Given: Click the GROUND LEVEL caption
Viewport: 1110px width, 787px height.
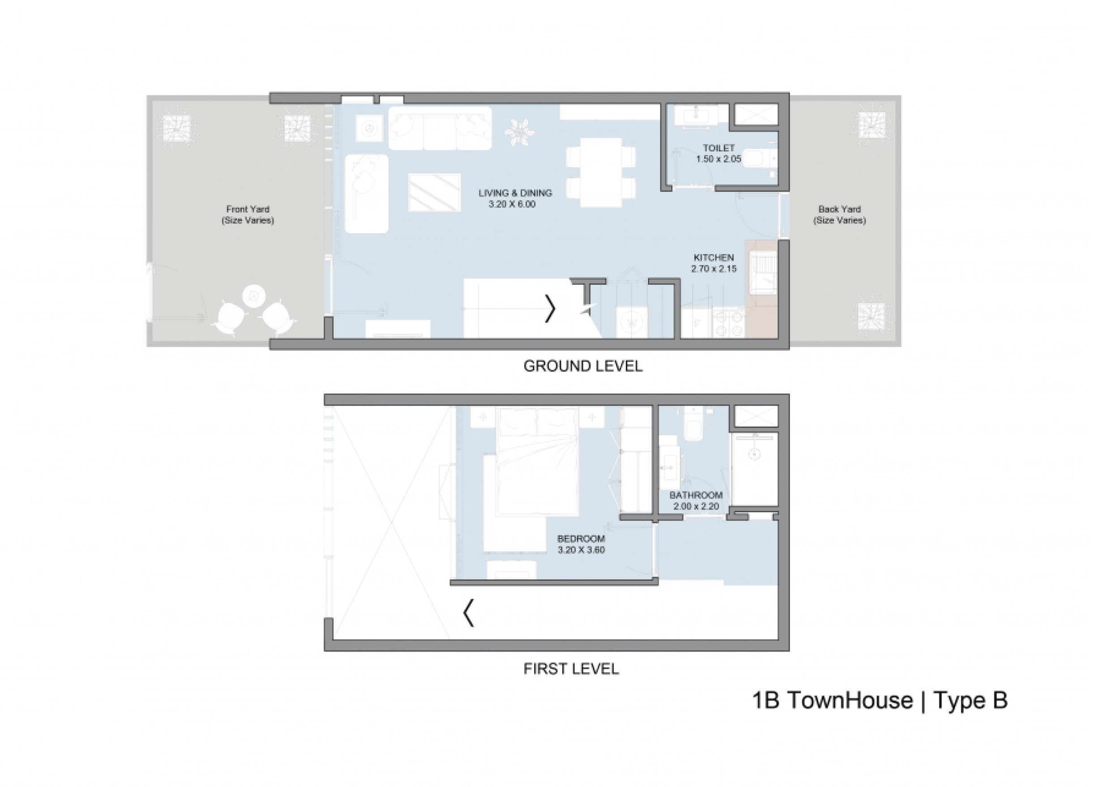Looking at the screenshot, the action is (583, 366).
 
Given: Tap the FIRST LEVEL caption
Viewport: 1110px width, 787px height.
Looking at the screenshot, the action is (571, 669).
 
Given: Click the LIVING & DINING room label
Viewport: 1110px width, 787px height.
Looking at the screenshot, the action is (515, 193).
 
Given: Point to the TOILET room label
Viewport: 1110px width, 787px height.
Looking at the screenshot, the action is (719, 148).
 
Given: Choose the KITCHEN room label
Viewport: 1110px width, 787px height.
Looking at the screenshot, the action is (714, 257).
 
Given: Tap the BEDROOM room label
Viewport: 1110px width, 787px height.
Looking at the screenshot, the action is (581, 539).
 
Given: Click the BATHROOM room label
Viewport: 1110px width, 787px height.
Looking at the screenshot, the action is (696, 495).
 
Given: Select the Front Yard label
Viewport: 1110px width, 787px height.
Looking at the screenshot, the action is (248, 210).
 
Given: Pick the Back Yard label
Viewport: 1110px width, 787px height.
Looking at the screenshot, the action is (840, 210).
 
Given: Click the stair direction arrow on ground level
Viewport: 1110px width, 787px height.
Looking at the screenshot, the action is (550, 308).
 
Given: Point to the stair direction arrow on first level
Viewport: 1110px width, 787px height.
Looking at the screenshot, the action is (468, 613).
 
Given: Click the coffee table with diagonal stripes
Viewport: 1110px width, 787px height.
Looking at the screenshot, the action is (434, 192).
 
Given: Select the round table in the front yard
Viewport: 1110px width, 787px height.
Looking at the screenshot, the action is (254, 295).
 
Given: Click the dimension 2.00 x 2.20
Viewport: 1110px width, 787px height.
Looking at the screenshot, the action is (696, 507).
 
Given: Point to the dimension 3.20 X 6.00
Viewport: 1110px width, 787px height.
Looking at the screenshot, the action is (512, 205).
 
